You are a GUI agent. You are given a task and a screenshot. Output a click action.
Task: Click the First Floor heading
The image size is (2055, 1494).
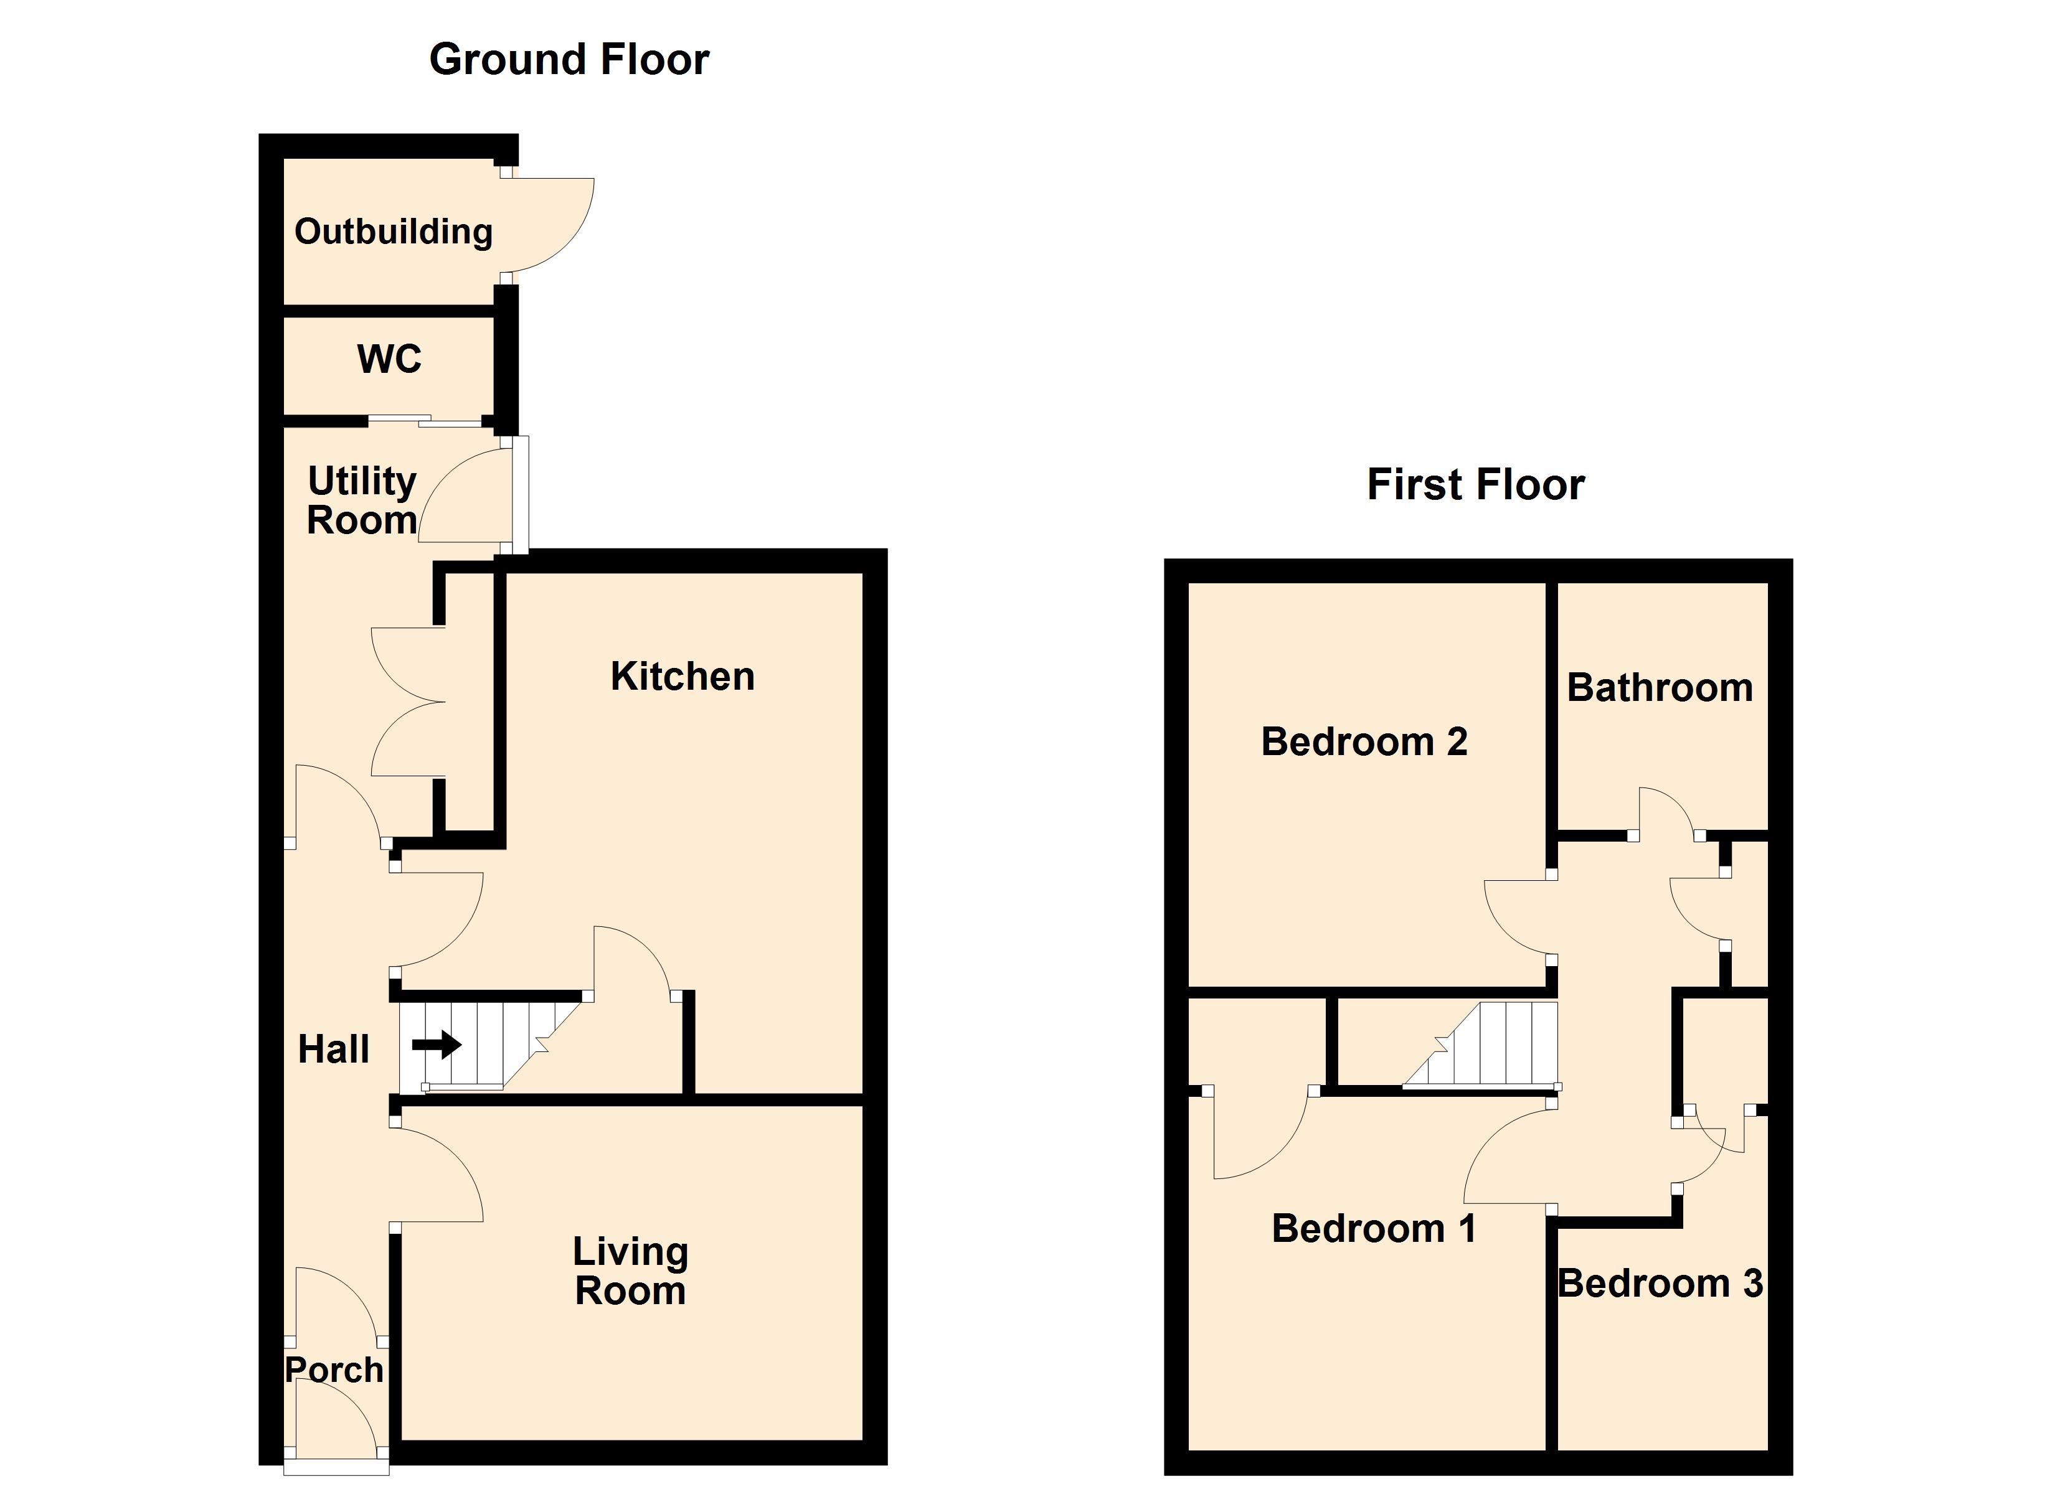point(1475,485)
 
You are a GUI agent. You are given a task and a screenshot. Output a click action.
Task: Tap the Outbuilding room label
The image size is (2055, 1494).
point(393,232)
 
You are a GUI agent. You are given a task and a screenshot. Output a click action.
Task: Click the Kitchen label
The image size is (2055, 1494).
point(683,677)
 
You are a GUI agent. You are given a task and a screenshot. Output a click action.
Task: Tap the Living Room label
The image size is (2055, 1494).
point(631,1271)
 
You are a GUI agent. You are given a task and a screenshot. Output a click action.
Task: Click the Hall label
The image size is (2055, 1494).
point(333,1049)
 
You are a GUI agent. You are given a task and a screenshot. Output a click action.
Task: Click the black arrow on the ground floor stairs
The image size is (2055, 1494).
point(437,1045)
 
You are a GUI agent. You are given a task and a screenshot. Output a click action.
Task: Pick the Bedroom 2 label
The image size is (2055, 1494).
point(1364,742)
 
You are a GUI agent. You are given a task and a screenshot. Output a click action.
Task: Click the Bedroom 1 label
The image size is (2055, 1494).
point(1374,1229)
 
